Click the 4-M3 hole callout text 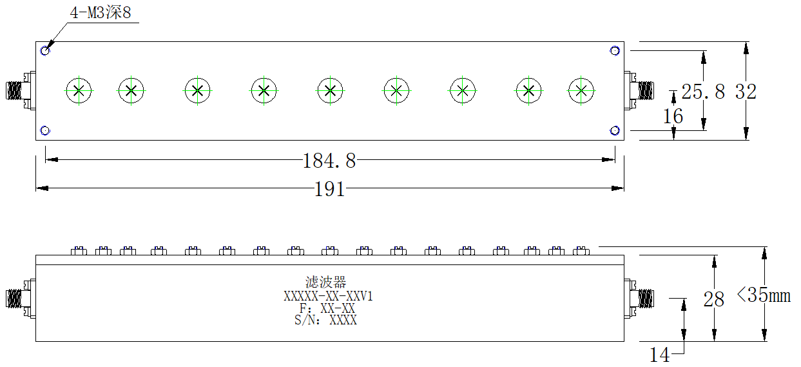click(x=101, y=13)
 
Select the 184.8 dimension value click(x=329, y=161)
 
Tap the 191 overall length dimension click(x=329, y=189)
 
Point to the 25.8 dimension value click(x=703, y=92)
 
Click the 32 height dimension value click(x=746, y=92)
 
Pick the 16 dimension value click(x=673, y=116)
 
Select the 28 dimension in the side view click(x=714, y=299)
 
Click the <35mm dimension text click(x=764, y=295)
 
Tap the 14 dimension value click(x=659, y=355)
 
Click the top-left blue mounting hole click(x=45, y=51)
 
